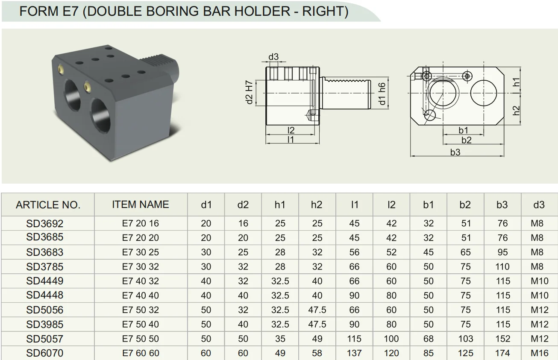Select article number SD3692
coord(45,224)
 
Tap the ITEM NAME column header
coord(141,205)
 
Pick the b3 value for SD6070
coord(502,353)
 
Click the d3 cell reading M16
coord(540,353)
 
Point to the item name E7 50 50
coord(141,339)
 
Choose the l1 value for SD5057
coord(354,339)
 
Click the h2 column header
coord(317,205)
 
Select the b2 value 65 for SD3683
coord(466,252)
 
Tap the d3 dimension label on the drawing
coord(273,57)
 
